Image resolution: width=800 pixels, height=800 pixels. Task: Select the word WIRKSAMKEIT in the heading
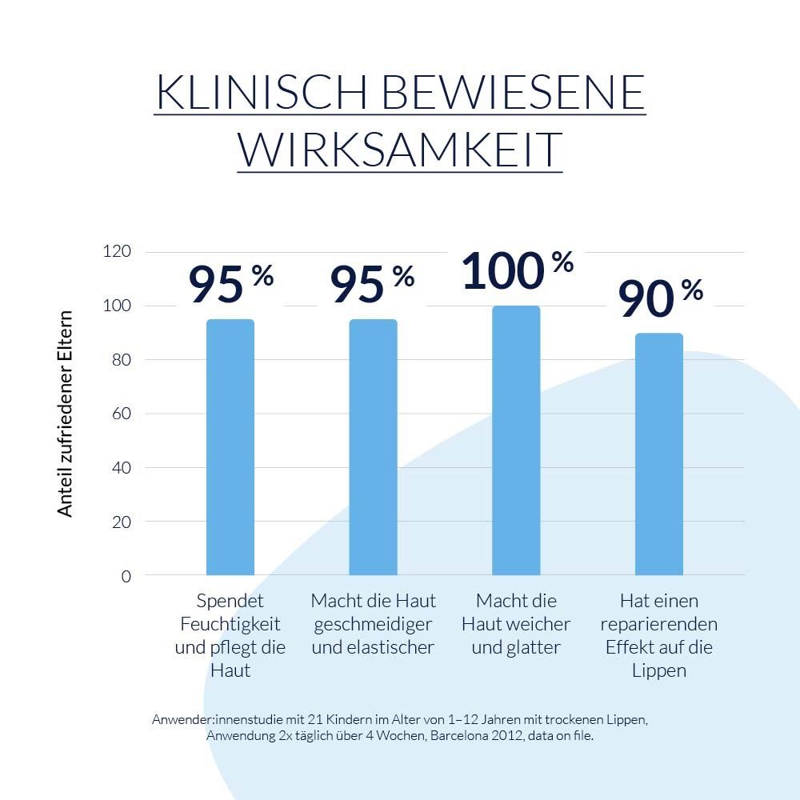click(399, 149)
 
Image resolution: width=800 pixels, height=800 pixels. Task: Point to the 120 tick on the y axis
click(117, 252)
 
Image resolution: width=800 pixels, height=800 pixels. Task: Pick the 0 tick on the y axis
click(126, 576)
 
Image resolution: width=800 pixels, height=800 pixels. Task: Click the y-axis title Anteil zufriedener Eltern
click(66, 414)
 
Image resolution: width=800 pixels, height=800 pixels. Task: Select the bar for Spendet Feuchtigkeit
click(230, 447)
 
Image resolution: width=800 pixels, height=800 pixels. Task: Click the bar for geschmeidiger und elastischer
click(373, 447)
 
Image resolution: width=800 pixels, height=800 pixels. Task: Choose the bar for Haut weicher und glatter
click(516, 440)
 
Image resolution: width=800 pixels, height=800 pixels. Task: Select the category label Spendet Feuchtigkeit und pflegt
click(230, 635)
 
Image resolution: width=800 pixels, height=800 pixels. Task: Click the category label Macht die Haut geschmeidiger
click(373, 623)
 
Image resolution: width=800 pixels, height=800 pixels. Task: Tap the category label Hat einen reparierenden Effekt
click(659, 635)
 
